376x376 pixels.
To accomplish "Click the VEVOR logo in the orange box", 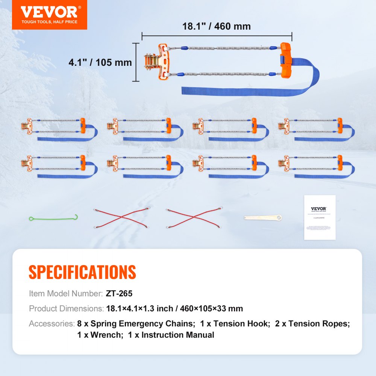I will [49, 12].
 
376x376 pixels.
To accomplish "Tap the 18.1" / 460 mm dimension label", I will [216, 26].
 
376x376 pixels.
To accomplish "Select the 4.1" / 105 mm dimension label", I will [100, 62].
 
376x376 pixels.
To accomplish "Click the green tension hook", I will [53, 218].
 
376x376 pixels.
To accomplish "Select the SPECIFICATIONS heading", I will [82, 272].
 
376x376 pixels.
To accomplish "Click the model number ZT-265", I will [119, 294].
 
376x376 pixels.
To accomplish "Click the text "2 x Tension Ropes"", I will [313, 324].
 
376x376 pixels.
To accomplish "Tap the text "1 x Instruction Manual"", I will [171, 335].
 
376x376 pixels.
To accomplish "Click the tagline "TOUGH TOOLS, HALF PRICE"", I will [49, 22].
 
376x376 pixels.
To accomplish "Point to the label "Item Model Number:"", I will [65, 294].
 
